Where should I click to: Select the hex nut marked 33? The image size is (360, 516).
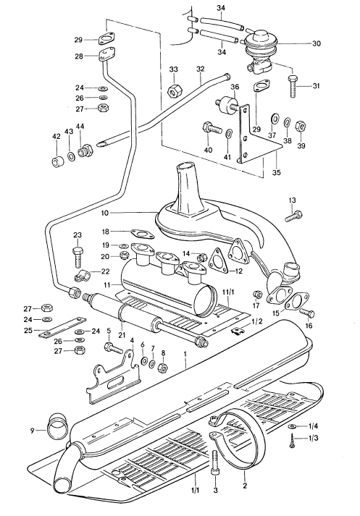pyautogui.click(x=174, y=93)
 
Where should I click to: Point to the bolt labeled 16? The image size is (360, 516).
pyautogui.click(x=306, y=313)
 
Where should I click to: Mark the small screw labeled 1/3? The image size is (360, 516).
pyautogui.click(x=291, y=447)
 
